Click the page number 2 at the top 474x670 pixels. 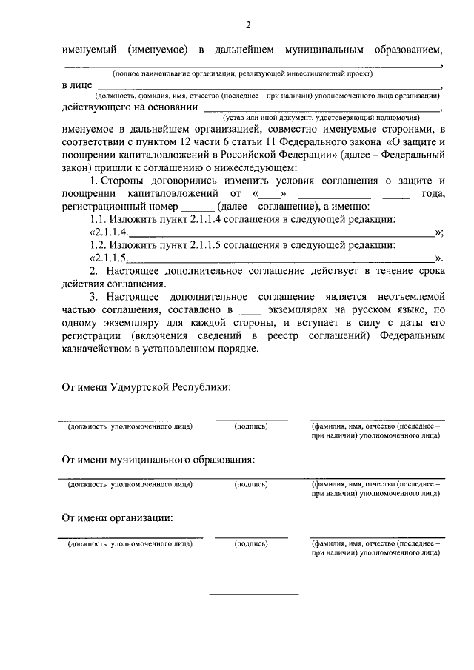248,25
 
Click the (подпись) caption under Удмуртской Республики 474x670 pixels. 250,426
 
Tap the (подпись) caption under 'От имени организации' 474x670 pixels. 250,543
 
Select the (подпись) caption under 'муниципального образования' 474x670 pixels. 250,485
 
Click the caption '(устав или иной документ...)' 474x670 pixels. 324,117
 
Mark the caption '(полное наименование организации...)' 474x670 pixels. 242,75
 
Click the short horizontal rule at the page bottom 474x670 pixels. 254,594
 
